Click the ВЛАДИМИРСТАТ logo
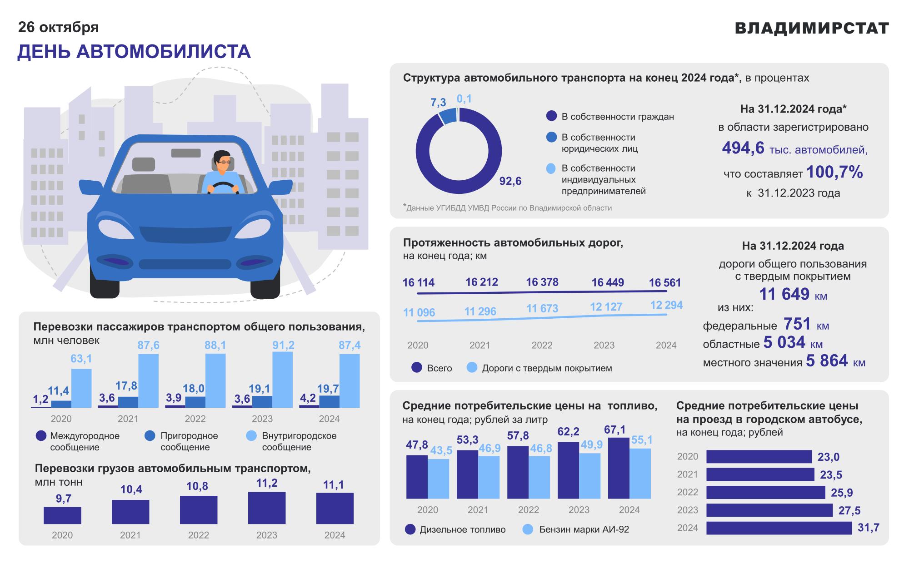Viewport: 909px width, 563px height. pyautogui.click(x=812, y=28)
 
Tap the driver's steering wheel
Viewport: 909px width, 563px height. pyautogui.click(x=223, y=188)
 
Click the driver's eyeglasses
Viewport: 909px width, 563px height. pyautogui.click(x=224, y=161)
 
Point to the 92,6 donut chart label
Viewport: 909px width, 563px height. pyautogui.click(x=510, y=182)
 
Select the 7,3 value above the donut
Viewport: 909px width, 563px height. pyautogui.click(x=438, y=103)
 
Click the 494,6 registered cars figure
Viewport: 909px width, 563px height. pyautogui.click(x=743, y=148)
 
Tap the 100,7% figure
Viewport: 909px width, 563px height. pyautogui.click(x=834, y=172)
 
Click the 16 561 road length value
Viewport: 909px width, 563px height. pyautogui.click(x=664, y=283)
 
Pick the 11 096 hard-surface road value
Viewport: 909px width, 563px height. pyautogui.click(x=419, y=312)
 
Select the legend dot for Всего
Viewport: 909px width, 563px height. pyautogui.click(x=417, y=367)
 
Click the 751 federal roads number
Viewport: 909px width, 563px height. pyautogui.click(x=797, y=324)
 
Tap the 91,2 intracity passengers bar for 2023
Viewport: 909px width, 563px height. pyautogui.click(x=282, y=380)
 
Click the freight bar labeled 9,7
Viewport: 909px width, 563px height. pyautogui.click(x=62, y=515)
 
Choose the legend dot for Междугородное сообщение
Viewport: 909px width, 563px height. pyautogui.click(x=41, y=436)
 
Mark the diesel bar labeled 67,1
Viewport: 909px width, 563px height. pyautogui.click(x=618, y=468)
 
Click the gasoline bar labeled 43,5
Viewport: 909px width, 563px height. pyautogui.click(x=439, y=479)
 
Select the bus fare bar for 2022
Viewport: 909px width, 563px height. pyautogui.click(x=765, y=492)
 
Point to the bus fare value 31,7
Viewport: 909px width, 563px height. pyautogui.click(x=868, y=528)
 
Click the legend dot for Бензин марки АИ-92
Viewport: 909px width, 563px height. pyautogui.click(x=528, y=529)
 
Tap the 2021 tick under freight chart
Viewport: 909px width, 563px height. pyautogui.click(x=130, y=535)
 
